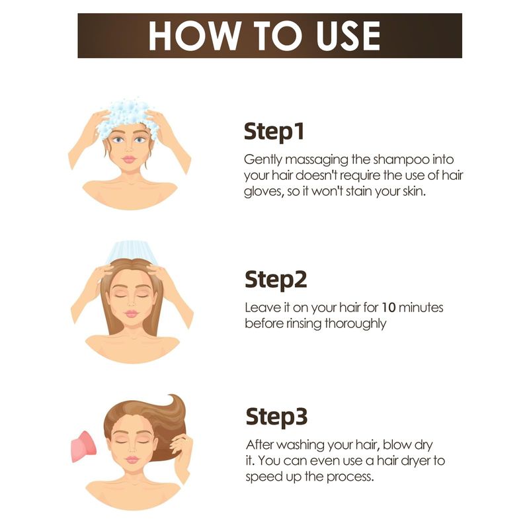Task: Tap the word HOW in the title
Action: coord(194,36)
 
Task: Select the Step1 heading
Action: coord(274,132)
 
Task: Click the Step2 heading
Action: coord(276,280)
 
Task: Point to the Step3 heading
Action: coord(276,417)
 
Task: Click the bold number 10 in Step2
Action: coord(388,307)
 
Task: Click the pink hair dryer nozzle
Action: coord(84,446)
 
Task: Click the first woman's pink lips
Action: coord(129,159)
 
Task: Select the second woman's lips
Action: coord(132,313)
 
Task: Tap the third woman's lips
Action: coord(132,460)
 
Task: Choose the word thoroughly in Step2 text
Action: coord(355,324)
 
